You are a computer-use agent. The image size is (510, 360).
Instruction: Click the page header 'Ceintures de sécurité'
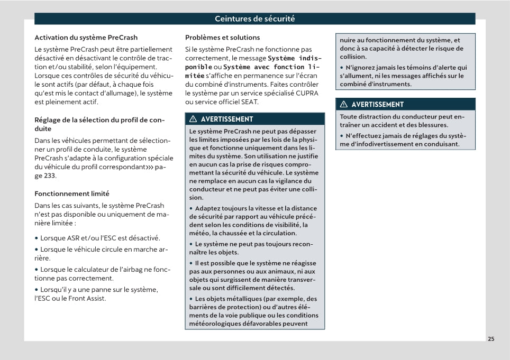254,19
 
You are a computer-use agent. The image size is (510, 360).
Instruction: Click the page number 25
491,339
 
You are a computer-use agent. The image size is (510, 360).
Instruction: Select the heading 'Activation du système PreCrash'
86,38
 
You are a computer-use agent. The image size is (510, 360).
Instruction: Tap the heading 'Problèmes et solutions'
222,38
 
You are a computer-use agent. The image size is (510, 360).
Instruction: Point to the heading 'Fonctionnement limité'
71,193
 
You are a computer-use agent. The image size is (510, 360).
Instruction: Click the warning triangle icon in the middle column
193,119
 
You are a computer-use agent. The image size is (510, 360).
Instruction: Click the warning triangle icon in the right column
344,104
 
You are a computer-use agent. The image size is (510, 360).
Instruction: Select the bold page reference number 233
49,176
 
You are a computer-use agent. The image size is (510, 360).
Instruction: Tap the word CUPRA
307,93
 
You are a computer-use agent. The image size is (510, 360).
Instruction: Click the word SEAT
249,102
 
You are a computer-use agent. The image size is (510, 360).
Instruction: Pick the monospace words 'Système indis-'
295,58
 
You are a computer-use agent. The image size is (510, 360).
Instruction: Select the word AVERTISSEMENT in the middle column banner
227,119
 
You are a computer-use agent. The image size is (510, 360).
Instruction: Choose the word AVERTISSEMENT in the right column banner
377,104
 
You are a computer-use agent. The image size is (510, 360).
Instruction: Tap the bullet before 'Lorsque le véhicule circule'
37,250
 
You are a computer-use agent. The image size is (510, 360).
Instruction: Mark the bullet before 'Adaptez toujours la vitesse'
192,208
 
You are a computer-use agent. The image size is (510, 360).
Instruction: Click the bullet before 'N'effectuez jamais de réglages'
342,135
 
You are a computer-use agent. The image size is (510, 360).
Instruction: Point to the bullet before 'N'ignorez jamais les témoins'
342,67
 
